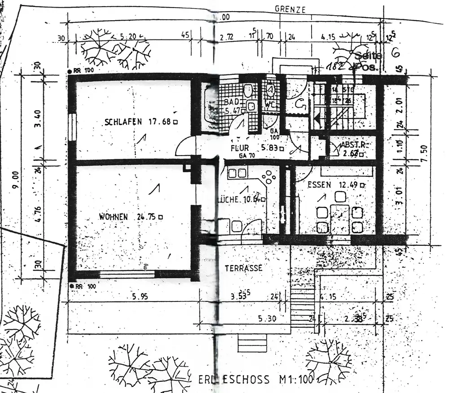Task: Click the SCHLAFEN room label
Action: [123, 122]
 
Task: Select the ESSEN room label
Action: [319, 184]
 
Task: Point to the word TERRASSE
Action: [243, 268]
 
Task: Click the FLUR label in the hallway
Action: [240, 148]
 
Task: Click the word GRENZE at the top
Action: [291, 9]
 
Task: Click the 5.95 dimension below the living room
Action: [141, 297]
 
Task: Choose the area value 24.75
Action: [146, 217]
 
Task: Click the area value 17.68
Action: [159, 122]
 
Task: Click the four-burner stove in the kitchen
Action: [269, 177]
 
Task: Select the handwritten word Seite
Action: [368, 56]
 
